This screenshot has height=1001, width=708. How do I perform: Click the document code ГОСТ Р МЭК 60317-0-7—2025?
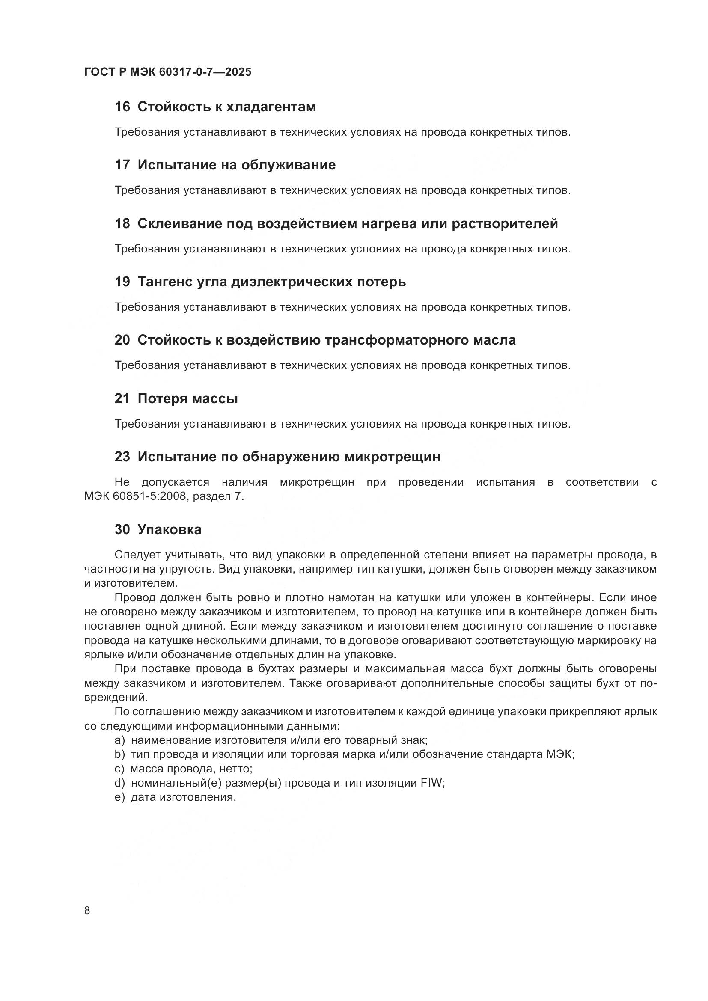coord(168,72)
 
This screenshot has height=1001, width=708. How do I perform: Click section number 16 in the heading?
coord(122,107)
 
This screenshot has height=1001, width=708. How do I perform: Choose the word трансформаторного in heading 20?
coord(398,340)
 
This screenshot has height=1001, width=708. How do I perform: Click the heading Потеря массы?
coord(187,398)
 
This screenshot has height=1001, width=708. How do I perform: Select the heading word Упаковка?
coord(170,530)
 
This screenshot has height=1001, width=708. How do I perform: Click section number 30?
coord(122,530)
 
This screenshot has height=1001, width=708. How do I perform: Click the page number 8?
coord(87,911)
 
